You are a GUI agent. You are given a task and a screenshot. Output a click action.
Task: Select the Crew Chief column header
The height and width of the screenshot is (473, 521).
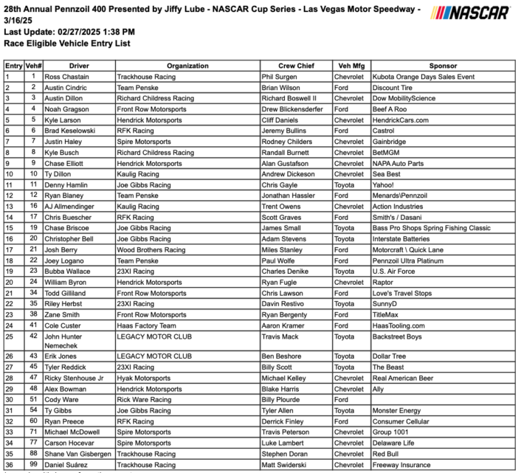click(296, 66)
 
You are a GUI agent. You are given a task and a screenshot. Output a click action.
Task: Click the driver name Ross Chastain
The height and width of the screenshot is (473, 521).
click(66, 77)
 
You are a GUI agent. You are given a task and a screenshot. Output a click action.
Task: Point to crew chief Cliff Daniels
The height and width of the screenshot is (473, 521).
click(284, 119)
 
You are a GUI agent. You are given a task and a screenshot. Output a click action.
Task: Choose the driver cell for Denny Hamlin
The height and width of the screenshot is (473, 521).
click(68, 185)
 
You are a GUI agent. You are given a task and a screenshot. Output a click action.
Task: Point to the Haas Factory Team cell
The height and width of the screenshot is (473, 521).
click(146, 325)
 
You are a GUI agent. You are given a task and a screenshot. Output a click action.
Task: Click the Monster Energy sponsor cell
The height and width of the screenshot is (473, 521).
click(397, 410)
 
